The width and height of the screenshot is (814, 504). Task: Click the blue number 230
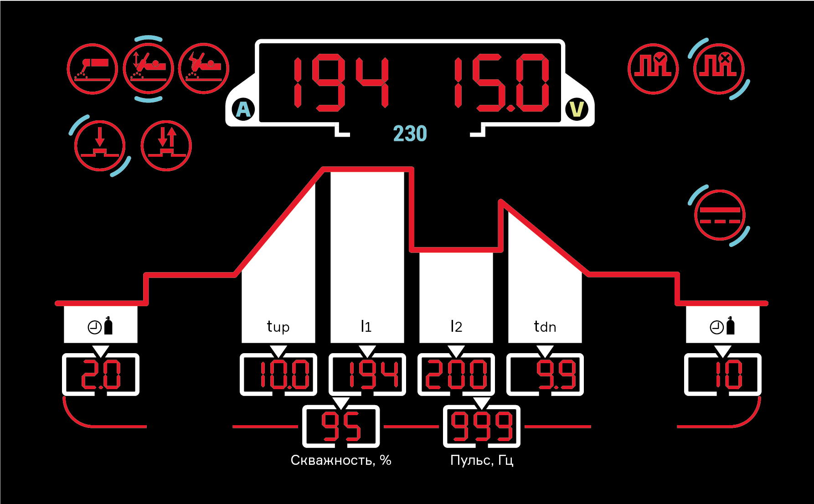coord(410,134)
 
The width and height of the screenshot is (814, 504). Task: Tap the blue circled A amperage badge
coord(244,109)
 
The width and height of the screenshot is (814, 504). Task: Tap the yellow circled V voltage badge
coord(577,109)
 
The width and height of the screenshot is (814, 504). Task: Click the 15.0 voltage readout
coord(501,83)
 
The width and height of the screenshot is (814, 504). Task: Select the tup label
coord(278,327)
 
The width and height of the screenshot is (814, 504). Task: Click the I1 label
coord(366,327)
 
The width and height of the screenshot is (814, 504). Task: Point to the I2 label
coord(456,327)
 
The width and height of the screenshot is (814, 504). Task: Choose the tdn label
coord(545,327)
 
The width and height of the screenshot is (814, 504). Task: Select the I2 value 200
coord(456,375)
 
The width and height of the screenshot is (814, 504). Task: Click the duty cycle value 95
coord(341,427)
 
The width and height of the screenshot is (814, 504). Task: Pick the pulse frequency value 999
coord(482,427)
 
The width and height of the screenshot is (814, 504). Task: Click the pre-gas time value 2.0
coord(101,375)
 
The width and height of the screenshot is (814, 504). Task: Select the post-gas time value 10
coord(728,375)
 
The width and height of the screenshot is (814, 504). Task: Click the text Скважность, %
coord(341,460)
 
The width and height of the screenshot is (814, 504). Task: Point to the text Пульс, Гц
coord(482,460)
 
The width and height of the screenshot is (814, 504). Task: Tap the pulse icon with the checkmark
coord(653,69)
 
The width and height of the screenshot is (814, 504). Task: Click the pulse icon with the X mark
coord(719,69)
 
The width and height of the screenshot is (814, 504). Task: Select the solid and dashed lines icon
coord(720,215)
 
